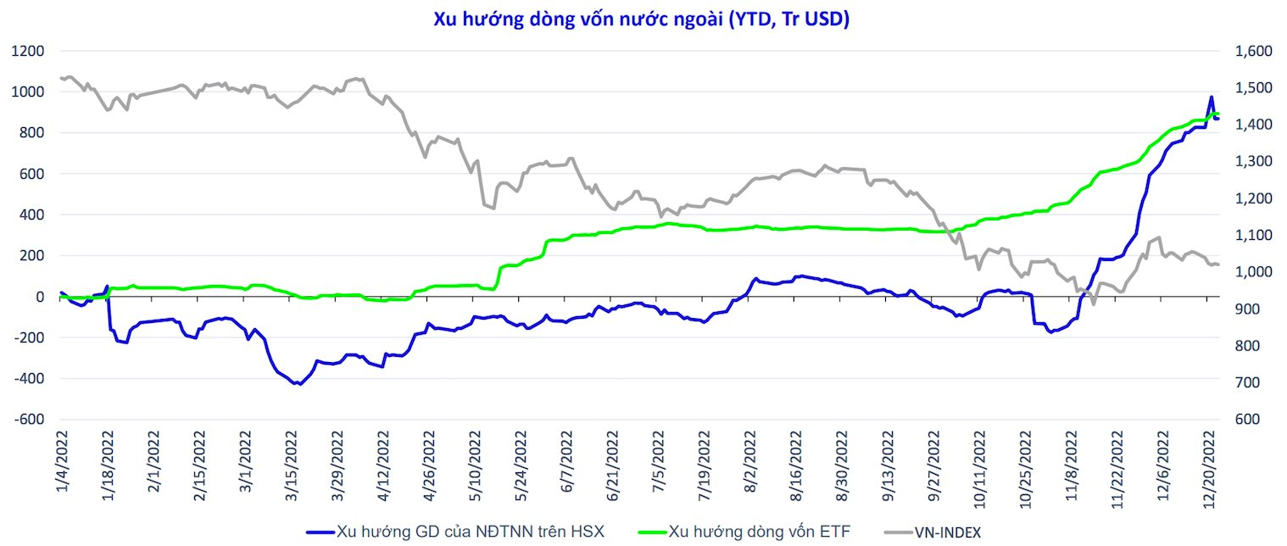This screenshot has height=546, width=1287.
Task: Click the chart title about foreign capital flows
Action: coord(642,19)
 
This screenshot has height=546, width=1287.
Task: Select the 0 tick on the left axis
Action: coord(39,297)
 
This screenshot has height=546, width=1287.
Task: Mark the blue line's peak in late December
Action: coord(1212,97)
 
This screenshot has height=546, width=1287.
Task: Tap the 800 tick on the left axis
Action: coord(31,133)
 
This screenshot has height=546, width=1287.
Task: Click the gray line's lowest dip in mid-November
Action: coord(1094,304)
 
